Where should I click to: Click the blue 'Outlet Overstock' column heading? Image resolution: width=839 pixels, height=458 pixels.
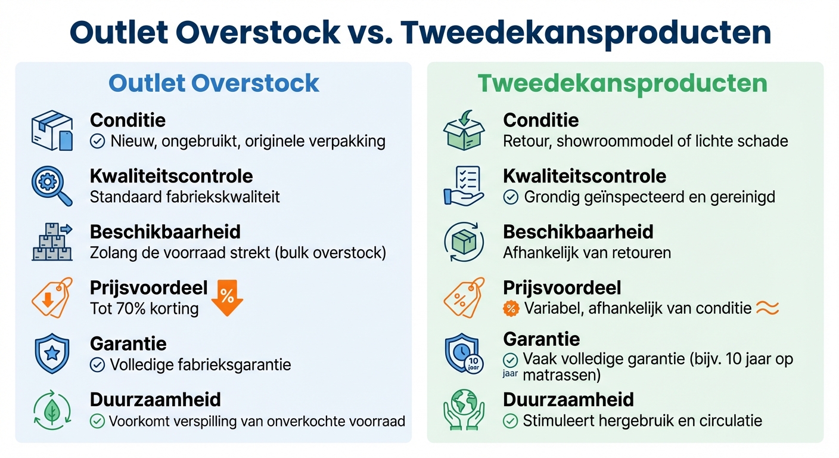click(214, 83)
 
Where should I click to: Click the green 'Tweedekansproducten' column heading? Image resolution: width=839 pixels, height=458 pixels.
click(622, 83)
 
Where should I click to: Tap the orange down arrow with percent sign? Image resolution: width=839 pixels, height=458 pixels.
click(227, 296)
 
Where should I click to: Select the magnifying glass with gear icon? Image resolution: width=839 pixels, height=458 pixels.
click(51, 186)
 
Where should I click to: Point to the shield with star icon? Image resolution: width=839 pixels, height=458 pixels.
click(51, 354)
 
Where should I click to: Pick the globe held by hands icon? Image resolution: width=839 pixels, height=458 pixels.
click(464, 410)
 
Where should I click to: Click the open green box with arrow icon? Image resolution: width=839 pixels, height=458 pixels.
click(464, 129)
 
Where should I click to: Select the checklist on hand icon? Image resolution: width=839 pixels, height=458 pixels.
click(464, 186)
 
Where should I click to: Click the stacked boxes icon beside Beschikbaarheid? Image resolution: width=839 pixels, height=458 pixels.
click(52, 242)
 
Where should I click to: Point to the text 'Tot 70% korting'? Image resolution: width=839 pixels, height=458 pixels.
click(144, 308)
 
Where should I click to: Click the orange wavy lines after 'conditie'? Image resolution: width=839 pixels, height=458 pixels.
click(767, 308)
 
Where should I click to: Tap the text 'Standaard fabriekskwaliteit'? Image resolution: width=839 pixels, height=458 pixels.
click(185, 197)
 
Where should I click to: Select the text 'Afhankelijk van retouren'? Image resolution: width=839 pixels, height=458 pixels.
click(587, 253)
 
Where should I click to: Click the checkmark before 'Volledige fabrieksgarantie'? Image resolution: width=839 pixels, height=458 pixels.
click(97, 364)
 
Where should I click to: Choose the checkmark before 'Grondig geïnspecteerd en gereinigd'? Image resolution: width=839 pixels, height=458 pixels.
click(511, 197)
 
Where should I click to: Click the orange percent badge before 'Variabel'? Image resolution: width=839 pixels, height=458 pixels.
click(511, 308)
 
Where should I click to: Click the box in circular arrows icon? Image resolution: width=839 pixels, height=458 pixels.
click(464, 242)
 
